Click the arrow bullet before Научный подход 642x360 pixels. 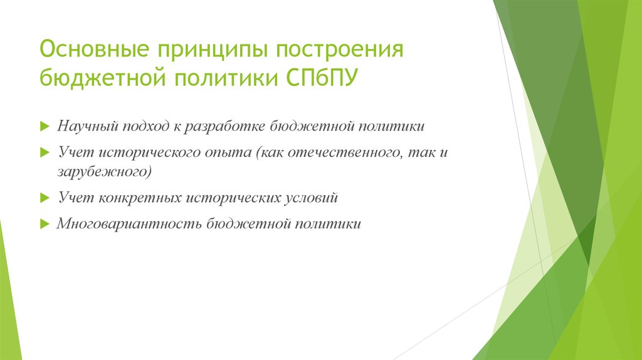44,127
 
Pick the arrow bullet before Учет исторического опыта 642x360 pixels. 44,153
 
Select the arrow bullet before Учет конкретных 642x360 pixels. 44,198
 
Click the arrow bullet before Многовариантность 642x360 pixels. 44,224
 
